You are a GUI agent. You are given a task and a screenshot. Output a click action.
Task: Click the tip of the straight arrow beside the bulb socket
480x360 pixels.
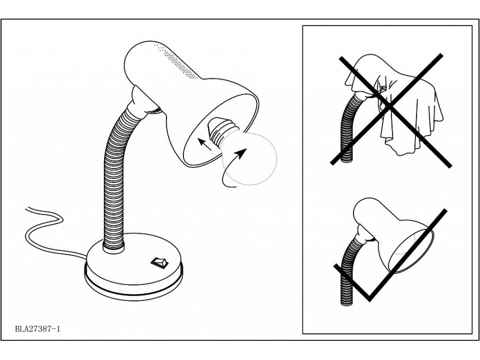pyautogui.click(x=197, y=139)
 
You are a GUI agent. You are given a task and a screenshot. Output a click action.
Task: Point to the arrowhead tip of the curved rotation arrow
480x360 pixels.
pyautogui.click(x=246, y=148)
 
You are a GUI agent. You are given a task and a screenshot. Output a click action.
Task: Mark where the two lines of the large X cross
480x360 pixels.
pyautogui.click(x=389, y=107)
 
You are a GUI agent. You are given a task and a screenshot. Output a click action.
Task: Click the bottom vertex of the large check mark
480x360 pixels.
pyautogui.click(x=370, y=299)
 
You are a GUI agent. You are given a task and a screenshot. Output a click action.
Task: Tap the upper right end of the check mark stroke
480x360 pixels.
pyautogui.click(x=445, y=211)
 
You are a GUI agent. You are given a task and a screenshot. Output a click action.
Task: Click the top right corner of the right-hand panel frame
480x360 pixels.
pyautogui.click(x=472, y=26)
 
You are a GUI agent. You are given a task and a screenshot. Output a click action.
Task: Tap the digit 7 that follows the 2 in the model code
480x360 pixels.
pyautogui.click(x=36, y=329)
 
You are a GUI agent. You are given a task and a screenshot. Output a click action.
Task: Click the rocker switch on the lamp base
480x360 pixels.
pyautogui.click(x=159, y=263)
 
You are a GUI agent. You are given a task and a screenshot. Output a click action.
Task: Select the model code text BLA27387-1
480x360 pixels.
pyautogui.click(x=38, y=329)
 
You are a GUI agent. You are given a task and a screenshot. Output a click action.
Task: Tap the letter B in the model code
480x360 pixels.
pyautogui.click(x=17, y=329)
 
